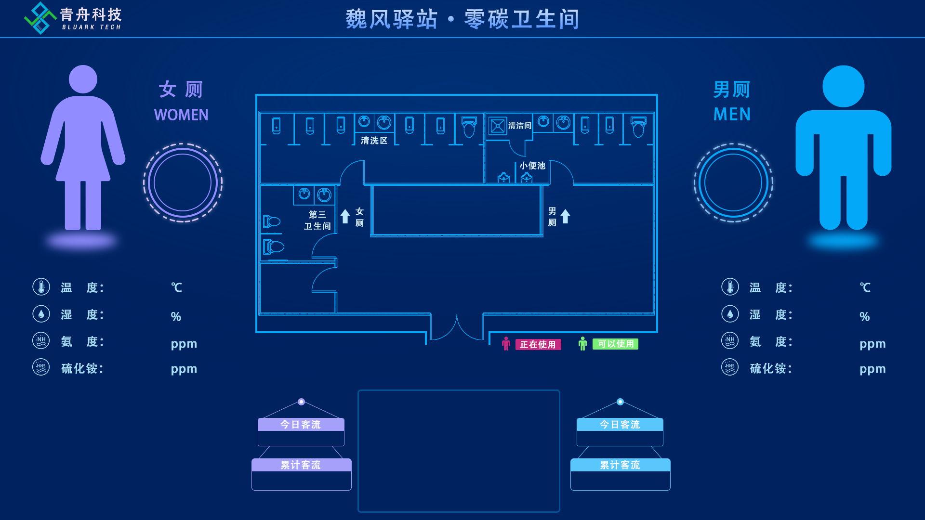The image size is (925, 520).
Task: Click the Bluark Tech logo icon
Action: [40, 18]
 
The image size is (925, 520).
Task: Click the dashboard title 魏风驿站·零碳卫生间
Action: [462, 19]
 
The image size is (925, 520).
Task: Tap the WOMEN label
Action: [181, 115]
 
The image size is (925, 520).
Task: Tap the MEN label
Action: [732, 114]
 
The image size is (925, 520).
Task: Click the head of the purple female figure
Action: [83, 79]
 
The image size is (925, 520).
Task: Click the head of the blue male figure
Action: [843, 86]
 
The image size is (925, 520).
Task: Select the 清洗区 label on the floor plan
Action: [374, 141]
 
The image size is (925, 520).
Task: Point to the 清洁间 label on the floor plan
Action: [519, 126]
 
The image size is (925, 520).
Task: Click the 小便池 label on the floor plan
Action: [532, 166]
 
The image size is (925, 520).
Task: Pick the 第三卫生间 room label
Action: [317, 220]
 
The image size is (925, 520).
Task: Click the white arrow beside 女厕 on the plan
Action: [345, 216]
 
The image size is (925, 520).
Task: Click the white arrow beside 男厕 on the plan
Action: [565, 216]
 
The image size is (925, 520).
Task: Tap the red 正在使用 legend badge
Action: [538, 344]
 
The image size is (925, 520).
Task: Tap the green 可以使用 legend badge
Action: [615, 344]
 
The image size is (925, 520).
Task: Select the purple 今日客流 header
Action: [301, 424]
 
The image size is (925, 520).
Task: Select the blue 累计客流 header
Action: [620, 465]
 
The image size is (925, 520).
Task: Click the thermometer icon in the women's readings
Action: [41, 287]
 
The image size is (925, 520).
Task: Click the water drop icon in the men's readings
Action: [730, 314]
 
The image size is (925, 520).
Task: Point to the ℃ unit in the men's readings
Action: [865, 287]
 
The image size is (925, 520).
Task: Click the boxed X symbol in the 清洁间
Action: [497, 126]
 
